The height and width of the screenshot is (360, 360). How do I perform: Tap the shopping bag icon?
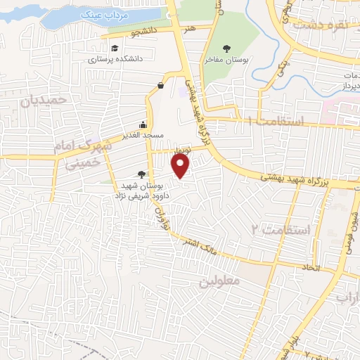point(161,85)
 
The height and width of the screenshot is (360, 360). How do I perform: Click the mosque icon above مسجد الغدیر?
point(143,123)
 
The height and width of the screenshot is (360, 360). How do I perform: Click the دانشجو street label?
point(144,32)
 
